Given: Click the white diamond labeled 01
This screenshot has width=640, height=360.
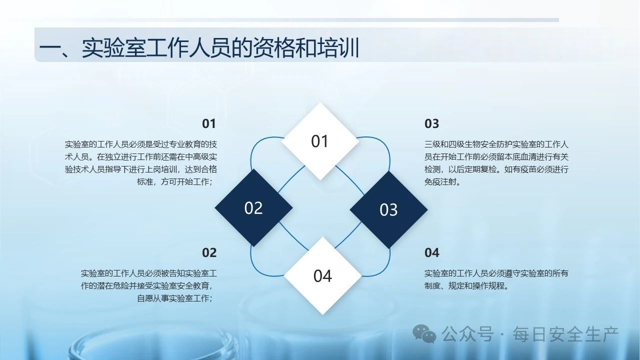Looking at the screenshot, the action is [x=320, y=141].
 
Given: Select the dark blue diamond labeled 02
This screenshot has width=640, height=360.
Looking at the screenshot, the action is [x=253, y=207].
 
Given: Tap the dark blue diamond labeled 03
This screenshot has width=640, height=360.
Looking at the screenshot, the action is [x=388, y=209].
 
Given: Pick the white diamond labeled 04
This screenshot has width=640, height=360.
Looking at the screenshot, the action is [x=323, y=275].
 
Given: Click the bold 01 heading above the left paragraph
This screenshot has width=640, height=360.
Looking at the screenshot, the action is [x=209, y=123].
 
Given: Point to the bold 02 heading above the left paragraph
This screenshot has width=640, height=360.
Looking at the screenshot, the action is [x=209, y=252].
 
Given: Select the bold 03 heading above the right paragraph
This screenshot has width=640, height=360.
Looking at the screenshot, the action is [x=431, y=123].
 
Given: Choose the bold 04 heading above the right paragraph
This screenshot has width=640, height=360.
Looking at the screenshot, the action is [x=431, y=252].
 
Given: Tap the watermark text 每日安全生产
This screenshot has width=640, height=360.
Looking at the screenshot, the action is [x=565, y=334].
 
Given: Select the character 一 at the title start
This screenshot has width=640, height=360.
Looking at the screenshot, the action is [x=49, y=48].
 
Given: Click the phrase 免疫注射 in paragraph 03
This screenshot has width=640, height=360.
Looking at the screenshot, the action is [x=440, y=181].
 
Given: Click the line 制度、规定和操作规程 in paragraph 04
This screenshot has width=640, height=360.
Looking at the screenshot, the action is [x=464, y=285].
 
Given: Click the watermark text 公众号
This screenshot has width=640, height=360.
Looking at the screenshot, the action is [x=467, y=334].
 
